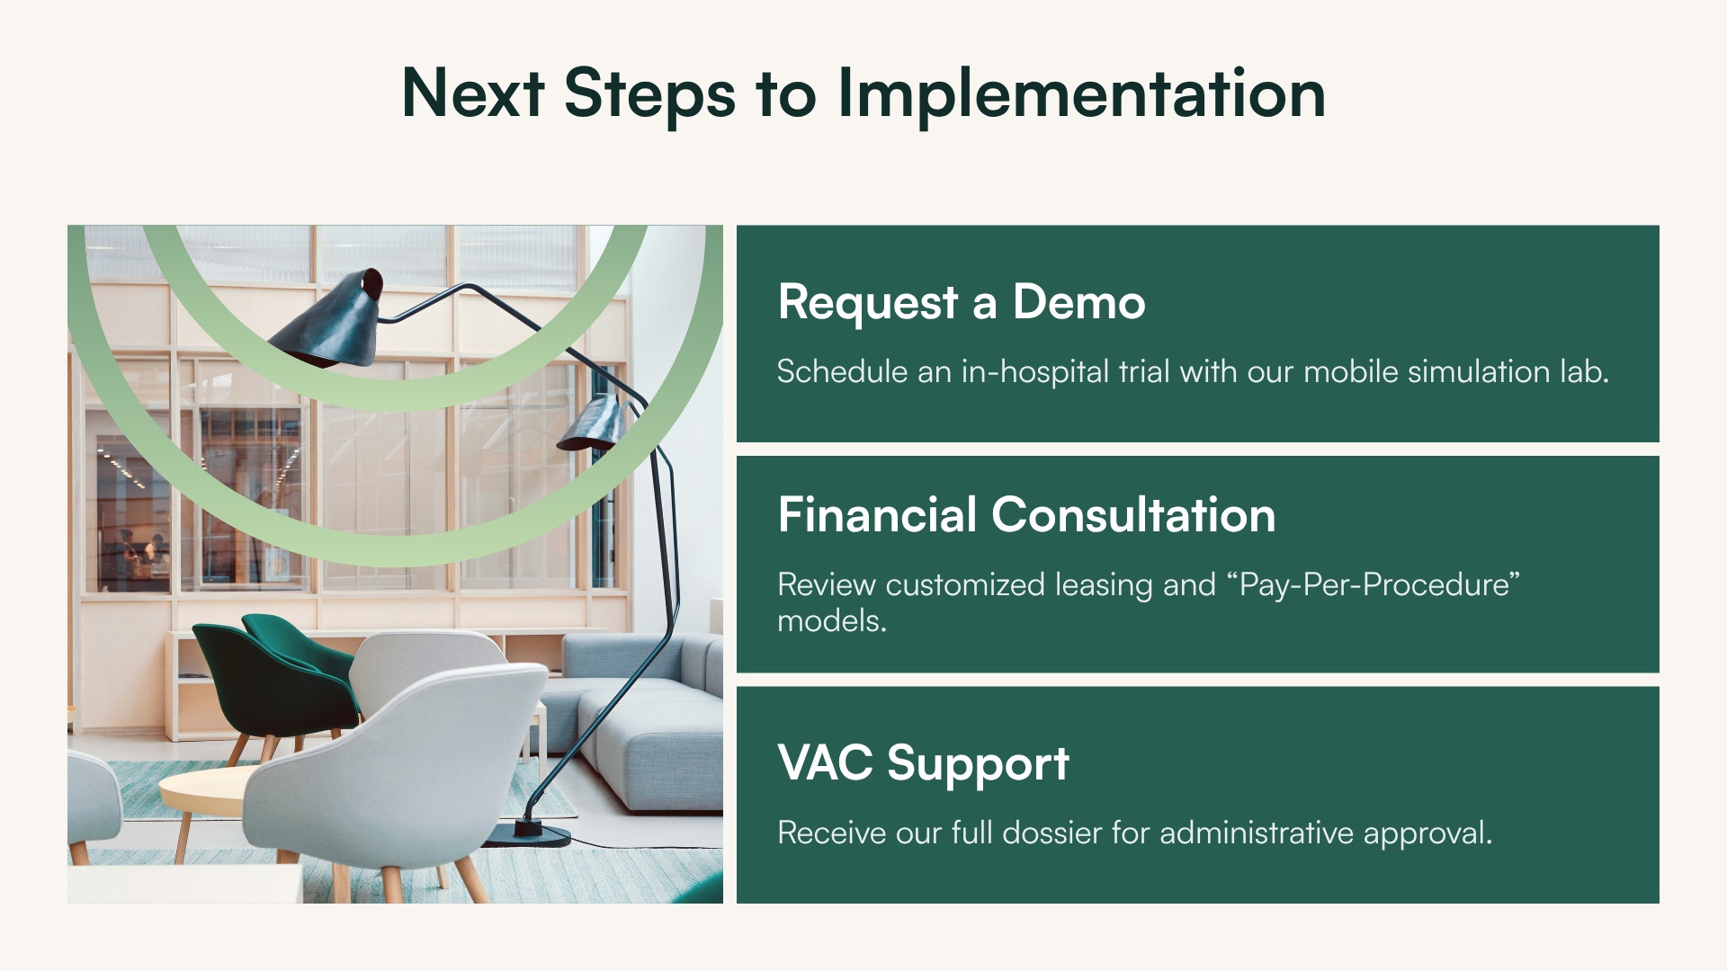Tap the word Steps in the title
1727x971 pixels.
649,94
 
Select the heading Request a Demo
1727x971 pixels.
961,302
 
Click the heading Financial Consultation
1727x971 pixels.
1025,515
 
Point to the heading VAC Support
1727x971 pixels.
922,763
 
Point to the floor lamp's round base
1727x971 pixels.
531,834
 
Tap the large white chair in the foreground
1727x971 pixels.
396,773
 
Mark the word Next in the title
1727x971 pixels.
472,94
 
